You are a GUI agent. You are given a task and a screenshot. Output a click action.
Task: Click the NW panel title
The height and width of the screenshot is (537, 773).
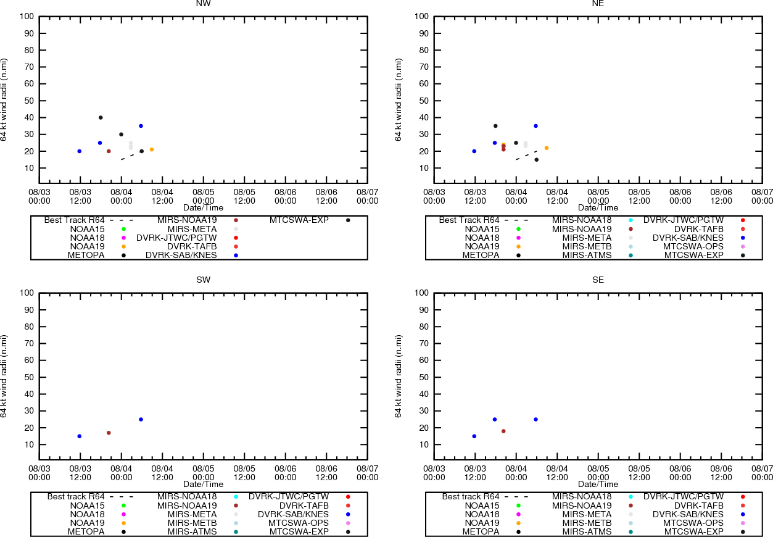tap(203, 4)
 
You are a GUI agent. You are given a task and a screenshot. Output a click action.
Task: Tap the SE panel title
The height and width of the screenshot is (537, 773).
tap(598, 280)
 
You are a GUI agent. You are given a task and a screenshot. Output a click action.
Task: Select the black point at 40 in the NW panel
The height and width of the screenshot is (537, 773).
tap(101, 117)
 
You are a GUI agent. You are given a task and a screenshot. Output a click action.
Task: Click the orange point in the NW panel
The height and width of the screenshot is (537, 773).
tap(152, 149)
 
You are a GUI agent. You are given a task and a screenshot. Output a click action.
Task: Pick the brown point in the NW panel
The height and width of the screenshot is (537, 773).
tap(109, 151)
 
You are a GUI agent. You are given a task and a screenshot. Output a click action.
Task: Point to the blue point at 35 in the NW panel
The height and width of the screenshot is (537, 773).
tap(141, 126)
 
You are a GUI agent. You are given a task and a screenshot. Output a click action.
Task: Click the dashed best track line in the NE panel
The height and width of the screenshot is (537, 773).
tap(526, 155)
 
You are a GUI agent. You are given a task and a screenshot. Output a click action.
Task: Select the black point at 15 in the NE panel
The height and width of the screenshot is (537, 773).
tap(537, 160)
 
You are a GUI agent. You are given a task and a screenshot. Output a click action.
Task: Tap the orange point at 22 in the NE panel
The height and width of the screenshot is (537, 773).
tap(547, 148)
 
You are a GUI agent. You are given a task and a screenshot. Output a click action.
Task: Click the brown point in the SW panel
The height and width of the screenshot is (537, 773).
tap(109, 433)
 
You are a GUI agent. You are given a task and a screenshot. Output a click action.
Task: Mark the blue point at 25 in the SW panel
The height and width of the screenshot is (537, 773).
tap(141, 419)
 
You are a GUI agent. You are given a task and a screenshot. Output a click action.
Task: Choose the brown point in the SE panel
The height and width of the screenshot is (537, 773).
tap(503, 431)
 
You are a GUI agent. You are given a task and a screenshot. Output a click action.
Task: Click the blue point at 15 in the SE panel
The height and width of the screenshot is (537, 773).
tap(474, 436)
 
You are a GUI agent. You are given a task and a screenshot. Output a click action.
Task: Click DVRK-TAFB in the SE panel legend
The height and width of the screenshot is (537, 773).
tap(699, 506)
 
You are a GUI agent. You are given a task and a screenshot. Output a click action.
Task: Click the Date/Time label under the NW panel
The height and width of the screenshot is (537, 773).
tap(203, 208)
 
